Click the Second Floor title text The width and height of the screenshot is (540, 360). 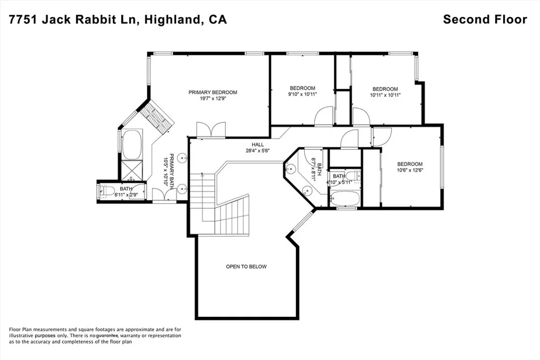click(485, 20)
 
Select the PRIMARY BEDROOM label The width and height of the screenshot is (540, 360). click(213, 92)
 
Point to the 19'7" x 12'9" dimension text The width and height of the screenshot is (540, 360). click(213, 99)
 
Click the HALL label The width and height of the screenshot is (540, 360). click(257, 144)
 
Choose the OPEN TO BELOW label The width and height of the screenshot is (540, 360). click(246, 267)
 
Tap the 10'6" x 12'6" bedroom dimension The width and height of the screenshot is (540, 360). click(410, 170)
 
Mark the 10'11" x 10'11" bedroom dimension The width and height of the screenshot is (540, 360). click(385, 95)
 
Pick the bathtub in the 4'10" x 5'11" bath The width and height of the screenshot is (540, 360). click(344, 199)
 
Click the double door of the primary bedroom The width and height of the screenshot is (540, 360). click(211, 130)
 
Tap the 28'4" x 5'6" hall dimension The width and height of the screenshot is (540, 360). click(257, 151)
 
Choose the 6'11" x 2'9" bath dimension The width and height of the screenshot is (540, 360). click(126, 195)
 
